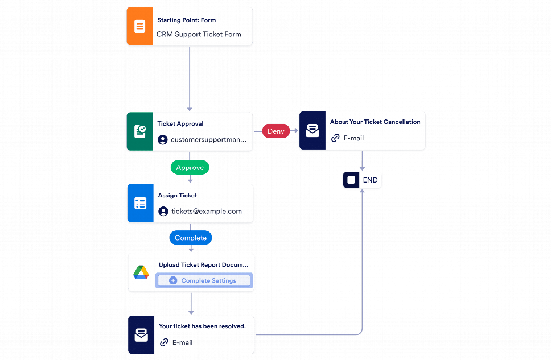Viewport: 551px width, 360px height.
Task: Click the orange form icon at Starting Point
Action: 139,26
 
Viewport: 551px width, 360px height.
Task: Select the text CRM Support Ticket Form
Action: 199,34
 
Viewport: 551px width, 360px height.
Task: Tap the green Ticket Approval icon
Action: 139,131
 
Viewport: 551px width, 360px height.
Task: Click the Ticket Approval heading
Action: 180,123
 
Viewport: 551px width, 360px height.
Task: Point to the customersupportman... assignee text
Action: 208,139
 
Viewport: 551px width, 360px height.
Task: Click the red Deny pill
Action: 275,131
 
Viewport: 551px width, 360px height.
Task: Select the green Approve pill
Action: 190,168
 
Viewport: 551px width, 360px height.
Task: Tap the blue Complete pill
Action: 191,238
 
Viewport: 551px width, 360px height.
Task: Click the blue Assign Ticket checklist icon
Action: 140,203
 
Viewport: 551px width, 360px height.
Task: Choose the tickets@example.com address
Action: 206,211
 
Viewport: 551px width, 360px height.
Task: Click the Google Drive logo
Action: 141,273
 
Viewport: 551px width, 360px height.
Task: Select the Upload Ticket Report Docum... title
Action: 203,264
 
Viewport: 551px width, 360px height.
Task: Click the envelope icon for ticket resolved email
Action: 141,335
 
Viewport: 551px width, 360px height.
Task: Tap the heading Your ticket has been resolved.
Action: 202,326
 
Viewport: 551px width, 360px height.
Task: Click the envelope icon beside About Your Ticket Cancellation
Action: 312,131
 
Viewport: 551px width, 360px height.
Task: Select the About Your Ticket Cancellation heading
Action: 375,122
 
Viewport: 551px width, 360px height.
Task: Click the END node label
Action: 370,180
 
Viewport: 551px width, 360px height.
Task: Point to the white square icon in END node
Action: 351,180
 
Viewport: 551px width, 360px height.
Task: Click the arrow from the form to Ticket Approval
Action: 190,79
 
